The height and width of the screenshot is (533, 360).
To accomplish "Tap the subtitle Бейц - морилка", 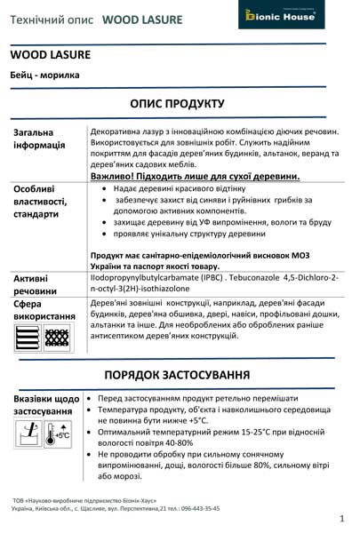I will click(x=44, y=76).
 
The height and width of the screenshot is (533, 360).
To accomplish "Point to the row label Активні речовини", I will click(x=36, y=284).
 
